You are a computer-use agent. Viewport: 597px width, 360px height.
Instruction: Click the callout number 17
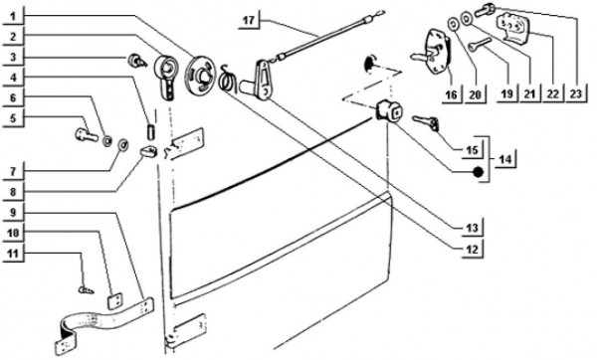point(248,20)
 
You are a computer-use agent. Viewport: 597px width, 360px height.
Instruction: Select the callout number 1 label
point(13,16)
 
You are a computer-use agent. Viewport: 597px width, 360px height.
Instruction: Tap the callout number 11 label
point(13,253)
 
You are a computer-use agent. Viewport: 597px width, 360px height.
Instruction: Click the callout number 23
point(576,93)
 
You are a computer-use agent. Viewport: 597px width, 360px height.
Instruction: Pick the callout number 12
point(472,250)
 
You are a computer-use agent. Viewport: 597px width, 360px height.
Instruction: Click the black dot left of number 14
point(479,172)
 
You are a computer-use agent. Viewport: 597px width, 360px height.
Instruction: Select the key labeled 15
point(426,121)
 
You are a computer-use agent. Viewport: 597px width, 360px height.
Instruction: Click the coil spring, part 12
point(227,78)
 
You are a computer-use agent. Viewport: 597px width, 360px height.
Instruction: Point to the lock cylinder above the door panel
point(389,110)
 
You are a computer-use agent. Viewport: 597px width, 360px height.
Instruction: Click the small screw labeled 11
point(87,290)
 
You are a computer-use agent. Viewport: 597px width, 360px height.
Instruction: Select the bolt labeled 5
point(87,134)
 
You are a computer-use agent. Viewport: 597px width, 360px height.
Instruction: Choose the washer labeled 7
point(123,144)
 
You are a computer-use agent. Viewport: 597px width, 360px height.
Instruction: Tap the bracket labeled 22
point(512,26)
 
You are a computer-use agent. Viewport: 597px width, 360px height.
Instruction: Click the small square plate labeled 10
point(114,300)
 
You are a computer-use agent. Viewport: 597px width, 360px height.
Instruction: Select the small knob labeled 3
point(136,60)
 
